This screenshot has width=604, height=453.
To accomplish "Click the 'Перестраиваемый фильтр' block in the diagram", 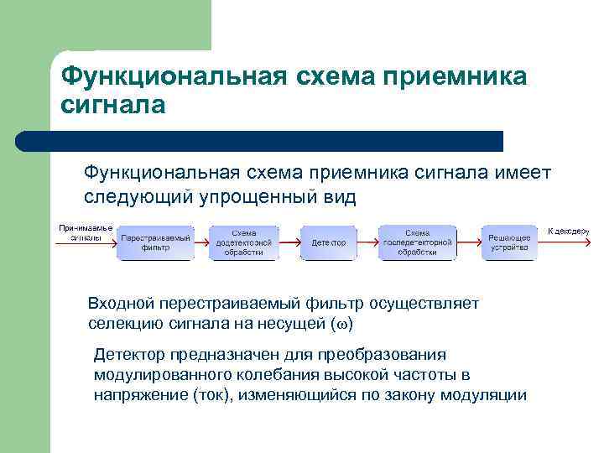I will (155, 242).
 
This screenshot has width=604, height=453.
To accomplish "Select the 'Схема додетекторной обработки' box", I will (243, 242).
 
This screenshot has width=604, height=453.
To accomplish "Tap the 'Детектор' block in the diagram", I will (328, 242).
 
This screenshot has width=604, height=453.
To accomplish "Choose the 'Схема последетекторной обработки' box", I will (417, 242).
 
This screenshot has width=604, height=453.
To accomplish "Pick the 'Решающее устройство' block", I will (509, 242).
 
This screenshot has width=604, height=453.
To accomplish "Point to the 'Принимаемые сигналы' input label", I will (86, 232).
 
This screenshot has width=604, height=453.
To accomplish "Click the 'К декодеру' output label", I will (569, 231).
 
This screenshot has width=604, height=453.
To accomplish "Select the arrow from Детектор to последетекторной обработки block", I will (367, 242).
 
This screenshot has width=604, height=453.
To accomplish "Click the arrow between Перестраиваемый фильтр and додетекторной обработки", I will (200, 242).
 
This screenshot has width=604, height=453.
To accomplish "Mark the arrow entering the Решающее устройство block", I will (468, 242).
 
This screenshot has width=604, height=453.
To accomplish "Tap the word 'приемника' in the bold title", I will (454, 76).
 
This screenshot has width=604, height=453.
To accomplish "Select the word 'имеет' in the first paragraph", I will (523, 172).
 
